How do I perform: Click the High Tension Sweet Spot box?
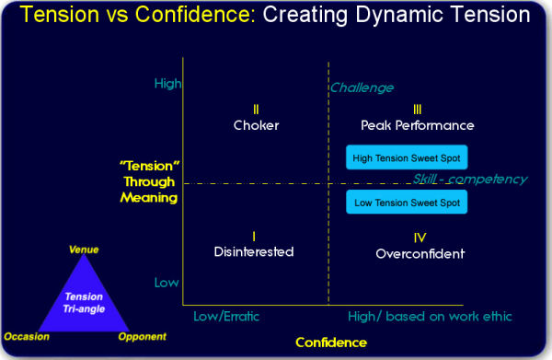(407, 157)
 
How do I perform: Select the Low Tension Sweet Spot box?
(407, 203)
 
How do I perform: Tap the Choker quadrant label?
(256, 125)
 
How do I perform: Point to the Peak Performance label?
(417, 125)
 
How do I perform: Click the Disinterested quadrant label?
(253, 250)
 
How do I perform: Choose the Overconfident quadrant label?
(420, 253)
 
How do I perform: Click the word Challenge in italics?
(362, 87)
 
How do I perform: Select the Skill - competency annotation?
(469, 179)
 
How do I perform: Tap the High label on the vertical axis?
(167, 83)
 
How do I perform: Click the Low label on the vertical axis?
(167, 282)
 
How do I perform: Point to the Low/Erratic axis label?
(226, 316)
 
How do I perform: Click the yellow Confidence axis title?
(330, 343)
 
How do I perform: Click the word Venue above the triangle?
(84, 250)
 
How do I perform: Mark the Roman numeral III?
(418, 109)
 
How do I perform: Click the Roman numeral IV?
(420, 237)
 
